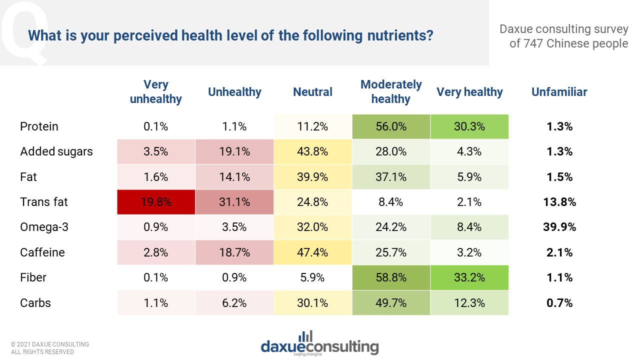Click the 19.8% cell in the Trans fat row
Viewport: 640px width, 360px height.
(155, 202)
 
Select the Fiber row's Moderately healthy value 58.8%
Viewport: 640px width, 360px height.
(391, 277)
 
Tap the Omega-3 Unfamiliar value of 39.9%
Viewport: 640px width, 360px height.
(559, 227)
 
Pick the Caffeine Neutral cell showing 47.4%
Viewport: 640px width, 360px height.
(312, 252)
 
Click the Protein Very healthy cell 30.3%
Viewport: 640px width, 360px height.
(469, 126)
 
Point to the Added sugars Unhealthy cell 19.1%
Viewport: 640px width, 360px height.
(234, 151)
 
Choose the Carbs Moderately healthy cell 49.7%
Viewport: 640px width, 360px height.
(391, 303)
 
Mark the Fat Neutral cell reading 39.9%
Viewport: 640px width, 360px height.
(312, 177)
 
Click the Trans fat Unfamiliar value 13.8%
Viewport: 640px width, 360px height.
(559, 202)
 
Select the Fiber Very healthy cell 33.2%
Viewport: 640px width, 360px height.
(469, 277)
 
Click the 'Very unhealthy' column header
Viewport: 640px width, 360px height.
(155, 92)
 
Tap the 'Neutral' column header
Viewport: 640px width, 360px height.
(312, 92)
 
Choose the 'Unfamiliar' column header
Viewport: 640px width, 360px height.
(559, 92)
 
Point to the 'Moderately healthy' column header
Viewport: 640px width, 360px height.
(391, 92)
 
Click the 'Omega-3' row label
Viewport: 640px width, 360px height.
(43, 227)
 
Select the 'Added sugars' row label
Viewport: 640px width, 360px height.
(56, 151)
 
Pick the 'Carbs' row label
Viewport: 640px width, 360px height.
(35, 303)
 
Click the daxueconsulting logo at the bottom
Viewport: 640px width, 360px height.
(319, 343)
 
